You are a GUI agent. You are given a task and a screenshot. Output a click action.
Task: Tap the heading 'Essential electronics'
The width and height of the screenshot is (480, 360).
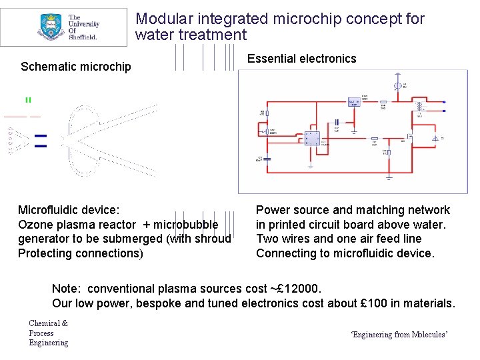301,59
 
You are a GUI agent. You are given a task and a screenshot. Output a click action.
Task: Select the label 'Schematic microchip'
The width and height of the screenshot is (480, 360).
76,67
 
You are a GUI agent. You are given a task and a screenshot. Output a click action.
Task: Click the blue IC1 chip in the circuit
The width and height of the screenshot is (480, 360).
311,139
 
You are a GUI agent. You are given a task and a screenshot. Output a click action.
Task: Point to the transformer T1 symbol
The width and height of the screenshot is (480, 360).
420,107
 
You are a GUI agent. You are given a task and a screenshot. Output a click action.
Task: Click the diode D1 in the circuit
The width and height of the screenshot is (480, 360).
435,138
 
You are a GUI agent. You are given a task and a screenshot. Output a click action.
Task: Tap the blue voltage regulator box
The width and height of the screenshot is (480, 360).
354,102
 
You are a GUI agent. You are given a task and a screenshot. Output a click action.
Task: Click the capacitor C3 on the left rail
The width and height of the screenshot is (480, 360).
267,159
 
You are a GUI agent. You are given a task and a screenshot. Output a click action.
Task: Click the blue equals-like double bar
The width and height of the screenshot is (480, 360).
40,140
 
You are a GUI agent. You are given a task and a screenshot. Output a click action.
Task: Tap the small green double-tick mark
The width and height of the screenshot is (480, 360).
28,100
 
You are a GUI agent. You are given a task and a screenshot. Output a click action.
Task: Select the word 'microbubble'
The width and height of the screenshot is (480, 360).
193,224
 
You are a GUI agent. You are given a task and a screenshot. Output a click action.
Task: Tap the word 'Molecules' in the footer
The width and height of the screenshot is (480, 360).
429,335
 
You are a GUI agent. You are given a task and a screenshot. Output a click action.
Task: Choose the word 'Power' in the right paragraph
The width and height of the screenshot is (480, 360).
273,210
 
